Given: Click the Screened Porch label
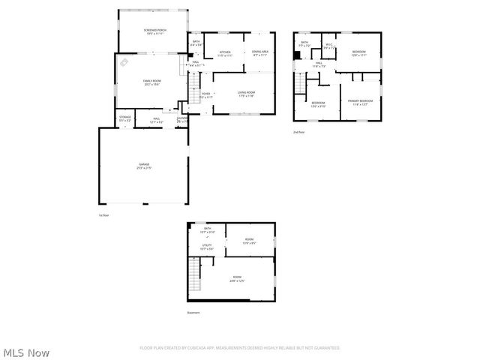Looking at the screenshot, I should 155,31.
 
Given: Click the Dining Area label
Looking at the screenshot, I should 260,52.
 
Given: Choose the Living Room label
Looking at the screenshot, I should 246,94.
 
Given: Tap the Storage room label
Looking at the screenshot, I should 124,118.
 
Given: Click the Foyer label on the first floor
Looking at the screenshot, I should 205,95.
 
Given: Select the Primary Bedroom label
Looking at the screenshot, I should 360,101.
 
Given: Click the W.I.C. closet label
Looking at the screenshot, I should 328,46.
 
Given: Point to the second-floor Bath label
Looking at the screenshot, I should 304,43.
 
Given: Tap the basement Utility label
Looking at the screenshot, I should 207,246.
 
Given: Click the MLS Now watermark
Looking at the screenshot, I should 26,352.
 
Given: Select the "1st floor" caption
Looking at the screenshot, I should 104,215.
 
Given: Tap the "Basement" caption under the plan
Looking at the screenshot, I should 194,313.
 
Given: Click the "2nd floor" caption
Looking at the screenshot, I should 299,131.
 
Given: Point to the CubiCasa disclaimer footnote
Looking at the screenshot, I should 240,348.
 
